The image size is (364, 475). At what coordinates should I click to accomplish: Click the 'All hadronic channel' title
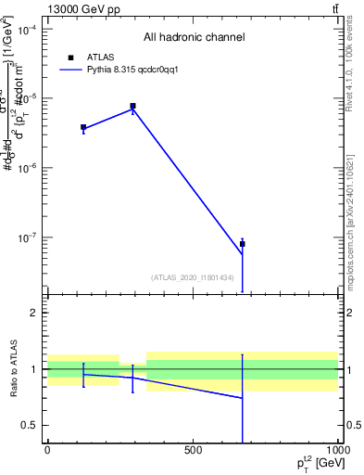(194, 38)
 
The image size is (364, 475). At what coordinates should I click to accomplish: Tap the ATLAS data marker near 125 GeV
(83, 127)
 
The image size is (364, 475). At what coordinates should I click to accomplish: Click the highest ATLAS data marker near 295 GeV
(132, 107)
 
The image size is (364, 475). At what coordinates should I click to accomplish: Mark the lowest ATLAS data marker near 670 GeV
(243, 244)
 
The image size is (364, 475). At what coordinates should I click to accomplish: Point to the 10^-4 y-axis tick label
(30, 30)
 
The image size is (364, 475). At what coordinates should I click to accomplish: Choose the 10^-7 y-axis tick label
(30, 237)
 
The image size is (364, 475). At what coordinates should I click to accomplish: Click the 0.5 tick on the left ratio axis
(34, 425)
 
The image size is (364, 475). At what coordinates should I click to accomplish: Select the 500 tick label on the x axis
(193, 451)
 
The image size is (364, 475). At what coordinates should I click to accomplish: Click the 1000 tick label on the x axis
(336, 451)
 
